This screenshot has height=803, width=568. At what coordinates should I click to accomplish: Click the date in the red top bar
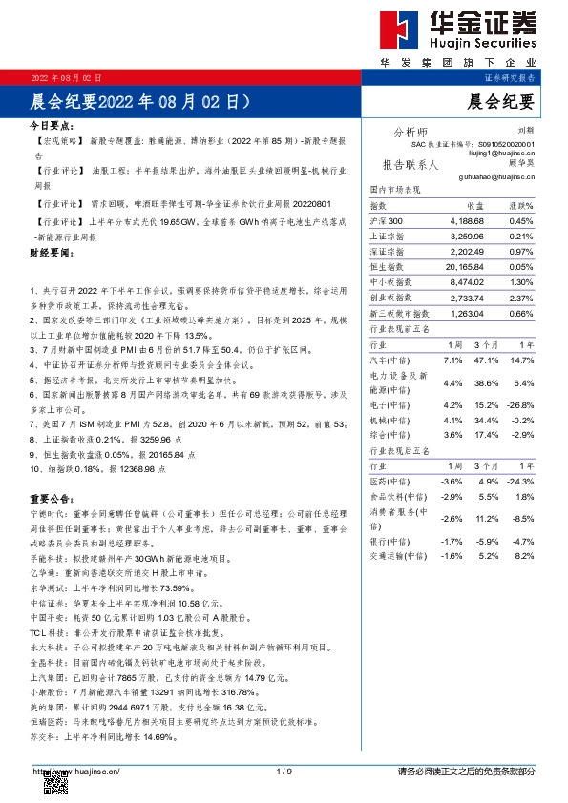tap(67, 76)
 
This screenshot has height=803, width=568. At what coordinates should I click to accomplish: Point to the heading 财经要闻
tap(51, 254)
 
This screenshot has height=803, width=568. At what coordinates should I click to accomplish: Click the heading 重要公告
tap(51, 499)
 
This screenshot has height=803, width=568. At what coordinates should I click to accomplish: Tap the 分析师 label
tap(410, 132)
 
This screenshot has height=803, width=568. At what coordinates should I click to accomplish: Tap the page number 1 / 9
tap(284, 771)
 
